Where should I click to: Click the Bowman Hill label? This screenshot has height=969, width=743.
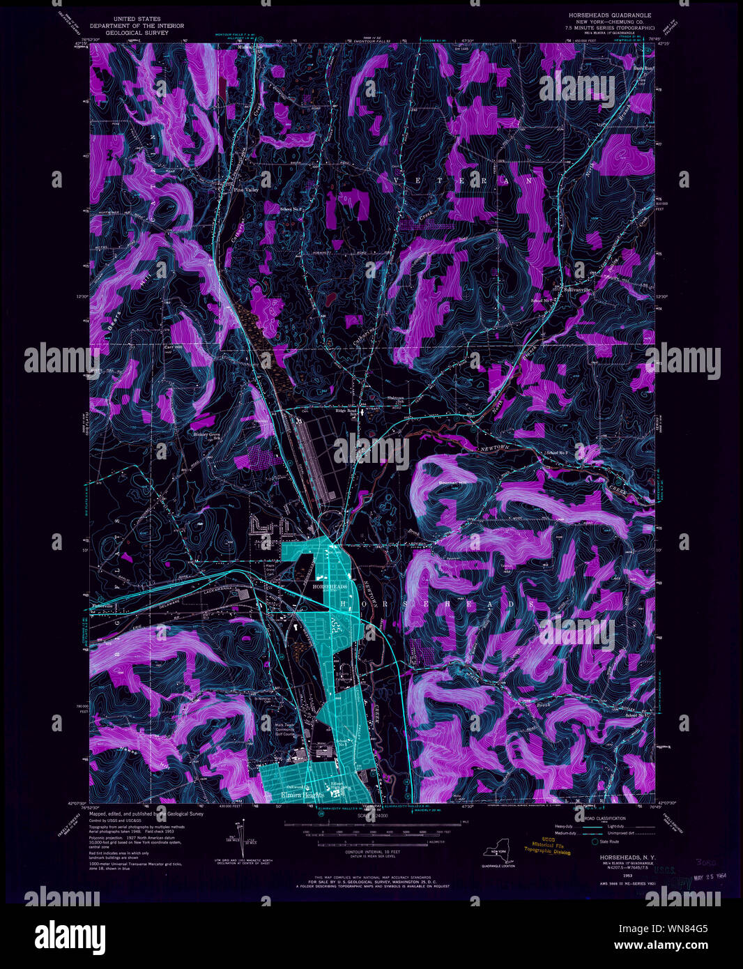451,482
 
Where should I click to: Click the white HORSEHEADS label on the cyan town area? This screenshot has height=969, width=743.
329,587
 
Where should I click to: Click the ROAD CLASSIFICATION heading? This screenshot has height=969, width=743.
601,818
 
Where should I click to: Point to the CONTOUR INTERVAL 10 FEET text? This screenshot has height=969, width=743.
373,852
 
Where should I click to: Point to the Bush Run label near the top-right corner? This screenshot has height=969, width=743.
643,68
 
